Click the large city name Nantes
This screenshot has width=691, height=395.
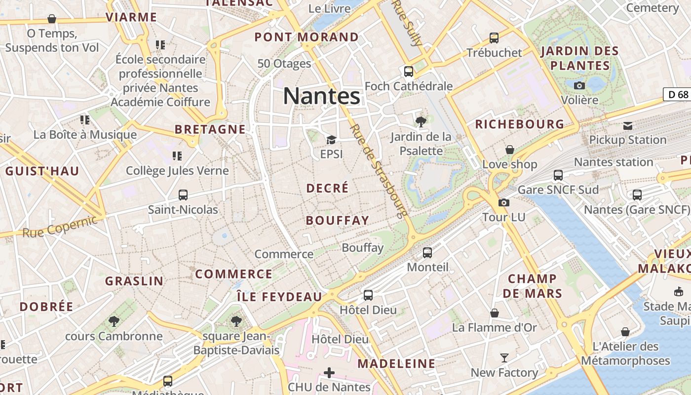click(322, 96)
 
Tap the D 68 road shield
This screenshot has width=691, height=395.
click(676, 94)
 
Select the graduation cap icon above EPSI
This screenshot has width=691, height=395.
click(331, 140)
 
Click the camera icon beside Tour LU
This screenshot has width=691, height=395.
click(503, 202)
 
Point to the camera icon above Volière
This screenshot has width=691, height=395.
click(579, 85)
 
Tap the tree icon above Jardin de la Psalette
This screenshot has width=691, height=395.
click(421, 121)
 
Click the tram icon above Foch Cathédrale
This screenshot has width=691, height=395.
click(409, 72)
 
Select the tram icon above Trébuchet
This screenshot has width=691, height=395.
click(494, 38)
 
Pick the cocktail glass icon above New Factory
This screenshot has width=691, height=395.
click(504, 358)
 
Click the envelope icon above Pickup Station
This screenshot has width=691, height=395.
click(627, 125)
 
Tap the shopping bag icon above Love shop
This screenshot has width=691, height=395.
click(509, 150)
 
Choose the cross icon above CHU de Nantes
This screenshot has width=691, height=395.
click(329, 372)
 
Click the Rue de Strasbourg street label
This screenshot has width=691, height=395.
click(379, 171)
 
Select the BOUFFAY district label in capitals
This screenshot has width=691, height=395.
click(338, 220)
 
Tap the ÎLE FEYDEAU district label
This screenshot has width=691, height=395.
click(279, 297)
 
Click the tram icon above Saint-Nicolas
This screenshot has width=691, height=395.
click(183, 195)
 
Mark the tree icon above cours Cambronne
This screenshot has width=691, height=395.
click(114, 321)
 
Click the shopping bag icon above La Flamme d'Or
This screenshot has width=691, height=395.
click(494, 313)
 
